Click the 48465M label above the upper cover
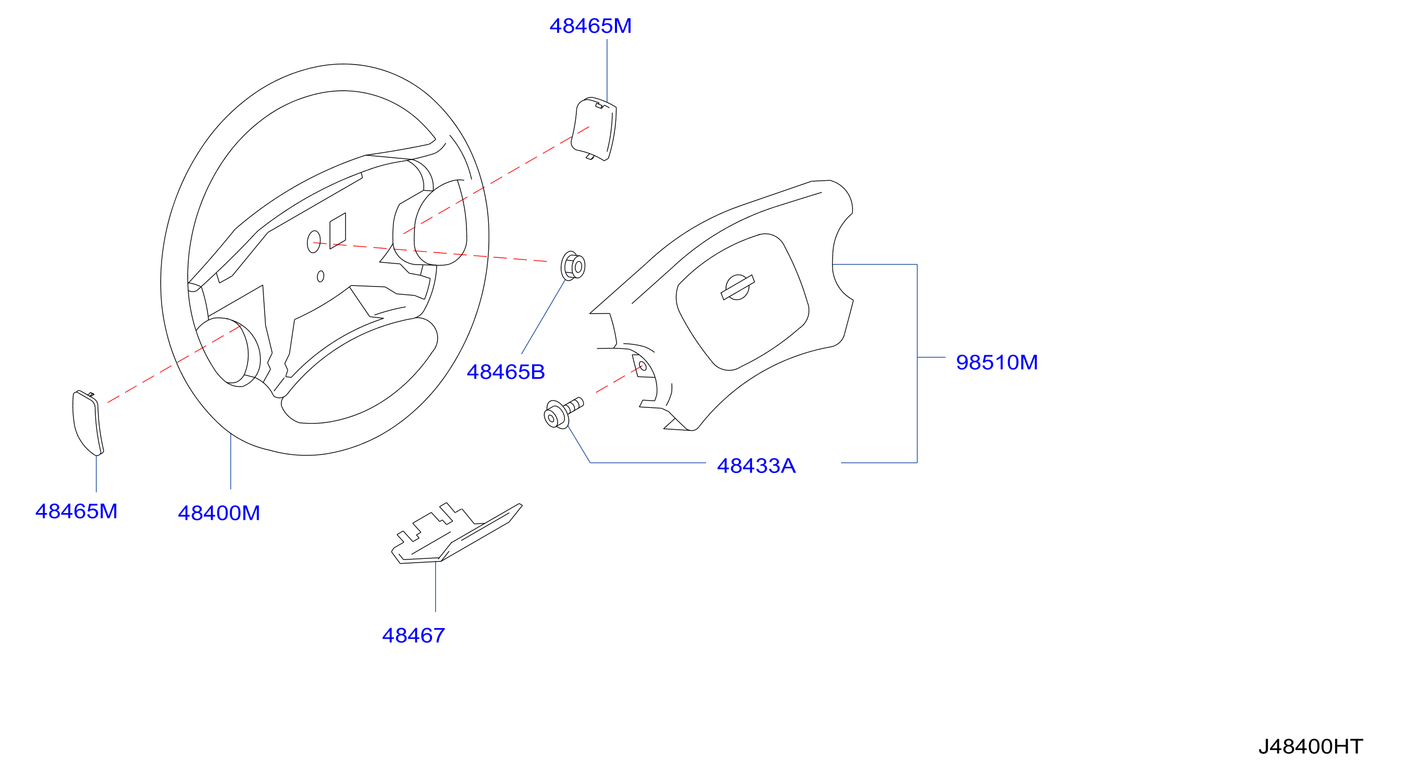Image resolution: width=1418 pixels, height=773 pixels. [590, 26]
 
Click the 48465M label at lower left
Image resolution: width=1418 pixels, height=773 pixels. [77, 511]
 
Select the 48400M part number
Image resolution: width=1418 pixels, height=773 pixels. [218, 513]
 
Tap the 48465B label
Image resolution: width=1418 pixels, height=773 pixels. [505, 372]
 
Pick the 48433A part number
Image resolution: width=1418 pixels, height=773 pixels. [756, 466]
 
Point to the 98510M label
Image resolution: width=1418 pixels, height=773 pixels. [997, 362]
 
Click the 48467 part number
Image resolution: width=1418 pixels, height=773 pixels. [413, 635]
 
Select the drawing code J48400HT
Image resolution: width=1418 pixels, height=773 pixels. [1311, 746]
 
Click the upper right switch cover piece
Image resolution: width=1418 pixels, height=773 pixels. [594, 129]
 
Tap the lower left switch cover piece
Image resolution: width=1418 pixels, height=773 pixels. [88, 422]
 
